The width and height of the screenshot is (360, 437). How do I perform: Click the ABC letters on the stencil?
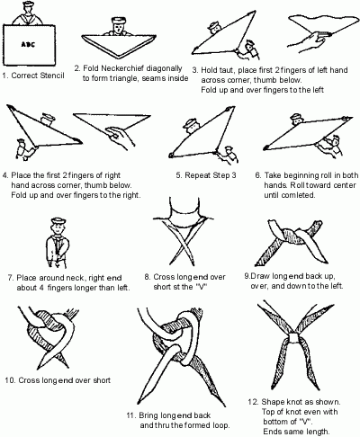click(x=28, y=44)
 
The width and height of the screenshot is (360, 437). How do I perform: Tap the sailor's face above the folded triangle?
click(x=117, y=29)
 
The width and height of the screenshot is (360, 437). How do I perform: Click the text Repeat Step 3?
click(x=206, y=175)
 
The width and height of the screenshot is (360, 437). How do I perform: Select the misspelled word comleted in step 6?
click(x=298, y=195)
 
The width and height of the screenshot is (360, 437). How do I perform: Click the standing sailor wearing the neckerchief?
click(x=58, y=243)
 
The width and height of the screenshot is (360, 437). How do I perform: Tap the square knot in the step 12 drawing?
click(x=293, y=338)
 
